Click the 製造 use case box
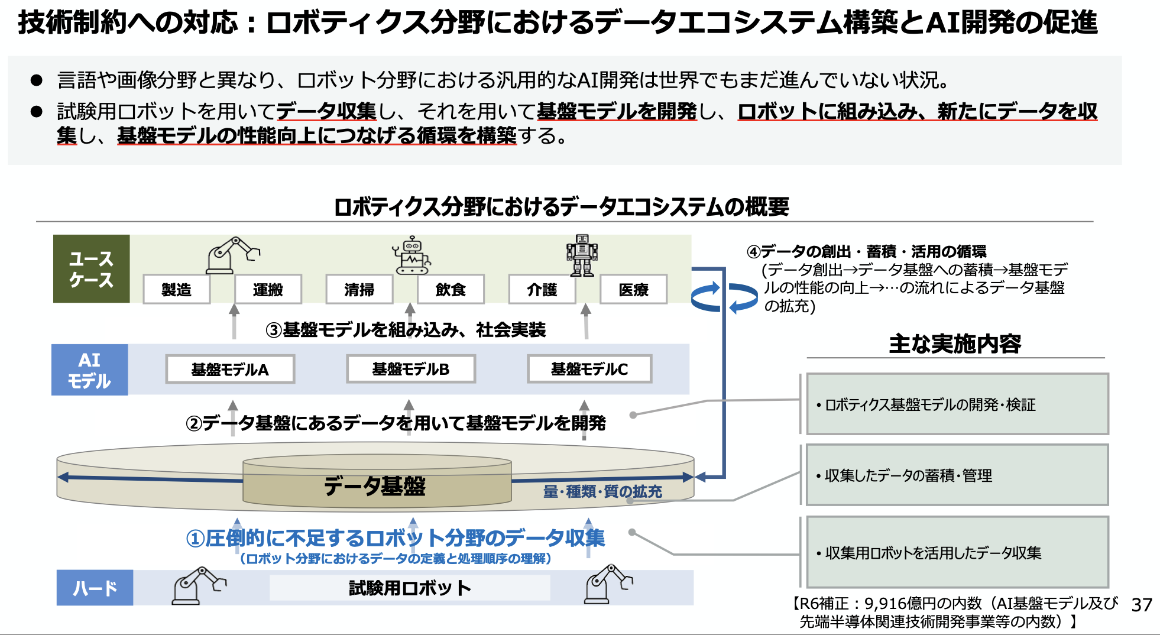pyautogui.click(x=176, y=289)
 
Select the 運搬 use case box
pyautogui.click(x=268, y=289)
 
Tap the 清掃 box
pyautogui.click(x=359, y=289)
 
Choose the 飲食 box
pyautogui.click(x=451, y=289)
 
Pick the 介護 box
pyautogui.click(x=542, y=289)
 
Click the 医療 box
pyautogui.click(x=633, y=289)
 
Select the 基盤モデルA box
pyautogui.click(x=230, y=370)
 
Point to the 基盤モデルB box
pyautogui.click(x=411, y=370)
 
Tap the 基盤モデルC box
pyautogui.click(x=589, y=370)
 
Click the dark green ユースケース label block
pyautogui.click(x=91, y=269)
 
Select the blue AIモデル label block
pyautogui.click(x=89, y=370)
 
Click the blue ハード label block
pyautogui.click(x=95, y=588)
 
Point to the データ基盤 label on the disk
pyautogui.click(x=375, y=486)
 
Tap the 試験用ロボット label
pyautogui.click(x=410, y=588)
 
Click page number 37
pyautogui.click(x=1142, y=605)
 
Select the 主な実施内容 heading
pyautogui.click(x=955, y=344)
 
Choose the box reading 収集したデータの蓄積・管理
pyautogui.click(x=957, y=475)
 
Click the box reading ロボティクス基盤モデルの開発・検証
pyautogui.click(x=957, y=404)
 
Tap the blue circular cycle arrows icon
pyautogui.click(x=724, y=297)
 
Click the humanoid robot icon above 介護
pyautogui.click(x=582, y=255)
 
